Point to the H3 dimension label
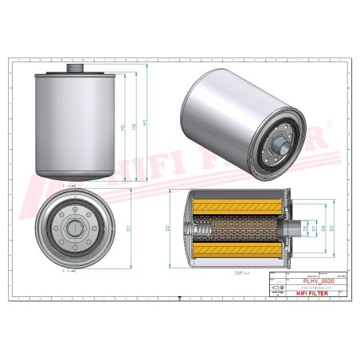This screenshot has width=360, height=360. coord(122,128)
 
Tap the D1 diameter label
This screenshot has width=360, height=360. coord(128,229)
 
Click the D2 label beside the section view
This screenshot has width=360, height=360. coord(168,229)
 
